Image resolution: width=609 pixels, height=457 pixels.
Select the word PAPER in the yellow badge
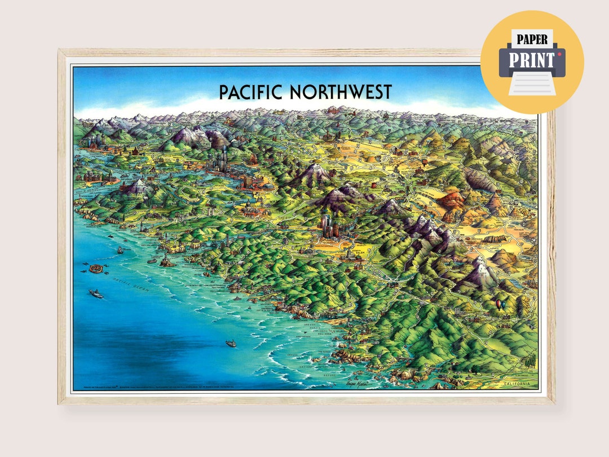532,39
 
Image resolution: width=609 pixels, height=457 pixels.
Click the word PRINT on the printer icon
532,59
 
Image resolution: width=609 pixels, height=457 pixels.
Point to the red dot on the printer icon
559,54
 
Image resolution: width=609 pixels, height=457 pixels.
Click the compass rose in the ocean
96,269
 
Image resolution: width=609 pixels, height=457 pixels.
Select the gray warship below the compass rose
96,293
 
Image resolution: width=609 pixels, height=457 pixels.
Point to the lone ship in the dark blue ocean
231,343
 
